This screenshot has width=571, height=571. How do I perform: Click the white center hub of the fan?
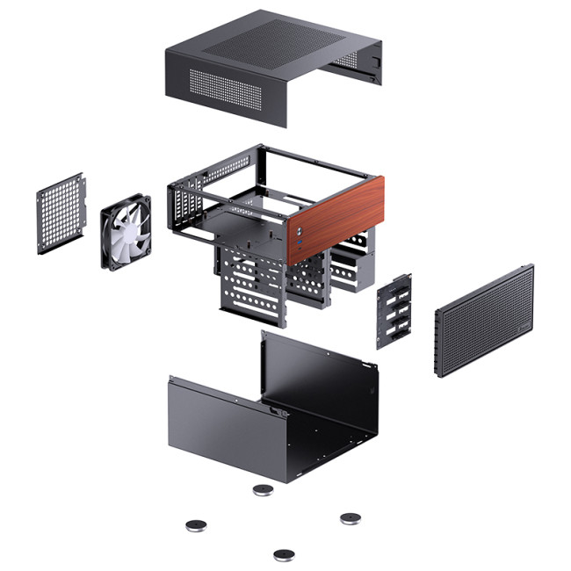125,231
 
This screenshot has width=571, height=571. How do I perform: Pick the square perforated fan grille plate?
61,213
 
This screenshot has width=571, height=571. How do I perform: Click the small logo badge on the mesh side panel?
524,331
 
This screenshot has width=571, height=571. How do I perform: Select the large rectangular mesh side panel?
483,321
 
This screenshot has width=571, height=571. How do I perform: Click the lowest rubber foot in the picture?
283,554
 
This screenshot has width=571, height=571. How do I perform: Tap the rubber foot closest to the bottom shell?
263,489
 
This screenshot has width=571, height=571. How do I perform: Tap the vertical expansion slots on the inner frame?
184,211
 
